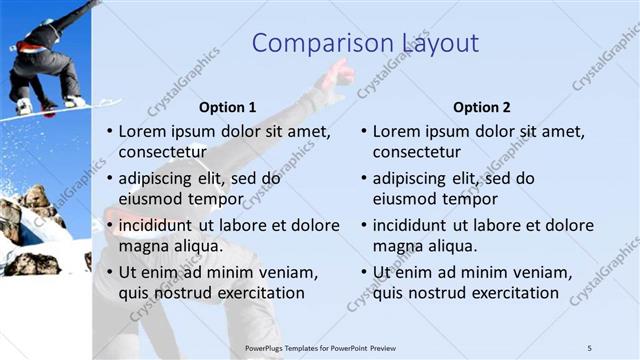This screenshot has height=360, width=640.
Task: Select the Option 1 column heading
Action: tap(228, 107)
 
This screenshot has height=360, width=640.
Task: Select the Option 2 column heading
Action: tap(482, 107)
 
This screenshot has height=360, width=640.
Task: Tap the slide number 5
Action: tap(589, 347)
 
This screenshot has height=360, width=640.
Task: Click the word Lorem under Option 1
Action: tap(142, 131)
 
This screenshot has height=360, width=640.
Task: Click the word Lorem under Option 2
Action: tap(396, 131)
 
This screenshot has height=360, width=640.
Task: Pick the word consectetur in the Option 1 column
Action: tap(163, 152)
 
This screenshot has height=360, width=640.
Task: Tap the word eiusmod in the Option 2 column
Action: tap(405, 199)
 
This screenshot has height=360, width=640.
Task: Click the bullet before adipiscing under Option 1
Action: tap(109, 179)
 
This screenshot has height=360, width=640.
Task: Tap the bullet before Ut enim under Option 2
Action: tap(363, 272)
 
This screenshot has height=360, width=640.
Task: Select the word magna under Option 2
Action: tap(396, 246)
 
